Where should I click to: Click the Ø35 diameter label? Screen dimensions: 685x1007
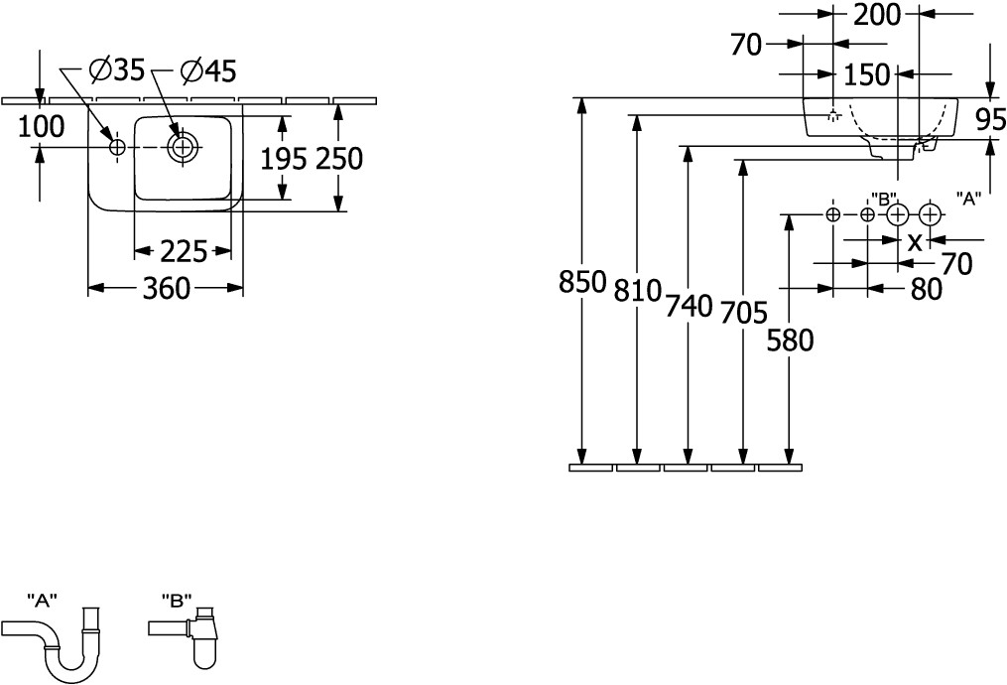(x=116, y=70)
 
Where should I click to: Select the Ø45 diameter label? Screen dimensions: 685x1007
(x=207, y=70)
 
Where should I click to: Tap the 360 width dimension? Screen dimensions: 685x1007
(x=166, y=289)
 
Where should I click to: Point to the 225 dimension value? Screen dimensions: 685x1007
(x=184, y=252)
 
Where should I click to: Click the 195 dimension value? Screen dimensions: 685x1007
(x=281, y=158)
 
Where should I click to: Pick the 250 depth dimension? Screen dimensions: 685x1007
(x=339, y=158)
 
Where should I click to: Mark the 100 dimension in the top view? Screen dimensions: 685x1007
(x=41, y=126)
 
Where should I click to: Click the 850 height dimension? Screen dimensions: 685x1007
(x=582, y=283)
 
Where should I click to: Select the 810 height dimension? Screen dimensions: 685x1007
(x=636, y=291)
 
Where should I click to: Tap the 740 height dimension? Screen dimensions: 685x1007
(x=689, y=306)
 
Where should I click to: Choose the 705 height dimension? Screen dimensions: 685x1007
(x=743, y=314)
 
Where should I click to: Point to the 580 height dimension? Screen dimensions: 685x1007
(x=790, y=341)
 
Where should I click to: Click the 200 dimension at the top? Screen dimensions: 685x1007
(x=876, y=14)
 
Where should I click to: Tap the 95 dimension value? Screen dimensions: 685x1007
(x=990, y=120)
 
